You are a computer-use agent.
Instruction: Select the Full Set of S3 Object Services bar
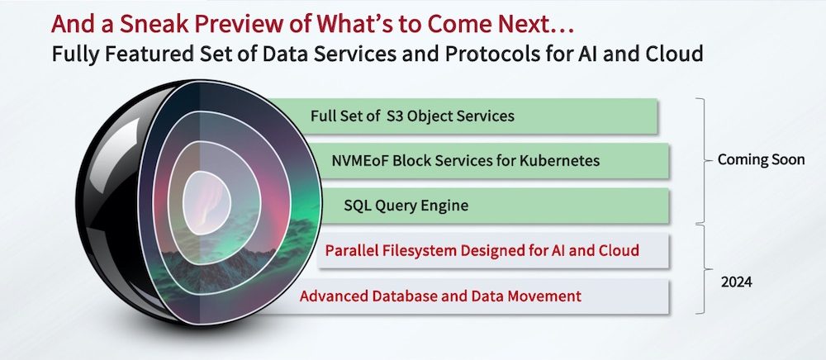tap(463, 116)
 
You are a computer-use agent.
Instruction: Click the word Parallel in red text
tap(347, 250)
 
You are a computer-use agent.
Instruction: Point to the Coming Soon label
tap(762, 159)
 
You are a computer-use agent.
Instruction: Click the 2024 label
tap(737, 282)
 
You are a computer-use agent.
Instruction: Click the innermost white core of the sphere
tap(206, 202)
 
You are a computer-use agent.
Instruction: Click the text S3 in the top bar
tap(395, 116)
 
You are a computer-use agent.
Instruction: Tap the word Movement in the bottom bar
tap(544, 296)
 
